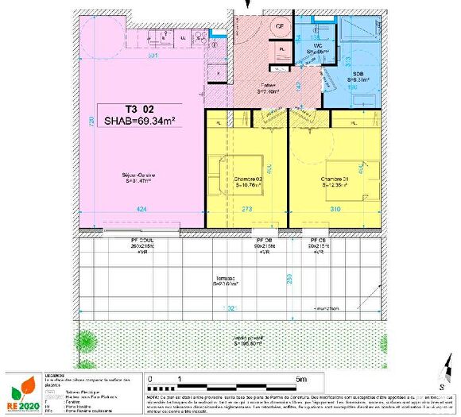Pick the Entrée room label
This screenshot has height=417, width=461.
[x=273, y=87]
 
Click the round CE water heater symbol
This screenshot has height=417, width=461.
[x=281, y=25]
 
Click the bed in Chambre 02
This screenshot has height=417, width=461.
[x=224, y=172]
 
